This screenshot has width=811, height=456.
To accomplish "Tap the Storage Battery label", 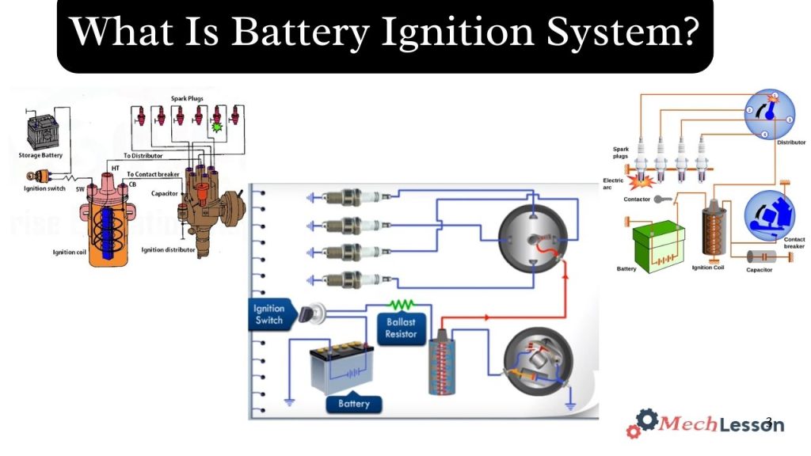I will [x=40, y=155].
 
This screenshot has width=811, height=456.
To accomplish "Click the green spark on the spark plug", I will [x=216, y=125].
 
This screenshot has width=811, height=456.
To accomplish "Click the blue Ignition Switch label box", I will [x=269, y=314].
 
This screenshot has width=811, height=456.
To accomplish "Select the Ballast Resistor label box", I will [x=401, y=329].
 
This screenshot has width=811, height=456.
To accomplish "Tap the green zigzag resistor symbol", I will [x=402, y=304].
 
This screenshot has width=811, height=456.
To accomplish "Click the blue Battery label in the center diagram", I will [x=353, y=404].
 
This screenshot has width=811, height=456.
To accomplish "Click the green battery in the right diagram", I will [x=658, y=246].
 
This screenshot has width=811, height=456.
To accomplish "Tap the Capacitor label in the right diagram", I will [x=759, y=270].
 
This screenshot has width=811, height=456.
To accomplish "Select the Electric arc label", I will [x=613, y=184].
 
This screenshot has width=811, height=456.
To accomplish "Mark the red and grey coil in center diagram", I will [x=439, y=365].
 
